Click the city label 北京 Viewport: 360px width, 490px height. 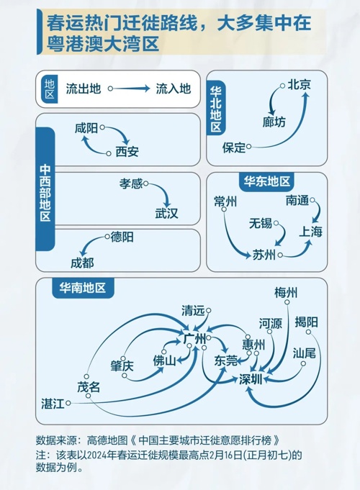(x=299, y=85)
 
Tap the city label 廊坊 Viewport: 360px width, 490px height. (x=274, y=122)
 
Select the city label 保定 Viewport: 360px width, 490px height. (x=234, y=148)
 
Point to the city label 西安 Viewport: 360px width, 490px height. (x=127, y=152)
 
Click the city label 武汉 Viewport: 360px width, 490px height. (x=166, y=214)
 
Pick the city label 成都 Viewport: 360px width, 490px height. (x=82, y=263)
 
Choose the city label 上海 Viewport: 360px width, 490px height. (x=310, y=232)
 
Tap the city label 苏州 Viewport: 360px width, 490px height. (x=264, y=255)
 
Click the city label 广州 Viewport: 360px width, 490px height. (x=195, y=338)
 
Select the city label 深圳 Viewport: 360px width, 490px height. (x=251, y=379)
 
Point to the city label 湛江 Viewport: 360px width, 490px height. (x=53, y=404)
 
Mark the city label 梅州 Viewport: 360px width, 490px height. (x=286, y=293)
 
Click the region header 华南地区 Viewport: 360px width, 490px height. (x=83, y=288)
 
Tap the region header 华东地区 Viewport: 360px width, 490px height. (x=267, y=181)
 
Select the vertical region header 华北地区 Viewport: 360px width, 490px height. (x=216, y=109)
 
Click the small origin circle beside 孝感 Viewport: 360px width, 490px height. (x=146, y=183)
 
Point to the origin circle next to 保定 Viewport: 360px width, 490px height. (x=248, y=146)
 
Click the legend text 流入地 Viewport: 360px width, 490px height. (x=174, y=89)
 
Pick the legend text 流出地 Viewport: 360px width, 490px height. (x=84, y=89)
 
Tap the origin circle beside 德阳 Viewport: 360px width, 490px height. (x=107, y=237)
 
